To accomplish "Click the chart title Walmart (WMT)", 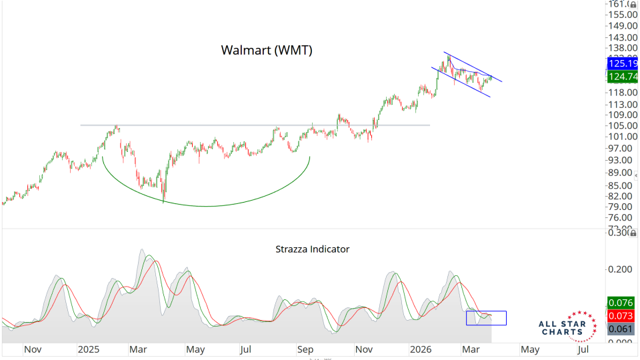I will coord(267,50).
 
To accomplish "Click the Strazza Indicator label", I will coord(312,249).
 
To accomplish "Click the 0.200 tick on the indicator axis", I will coord(619,269).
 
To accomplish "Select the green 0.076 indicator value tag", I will coord(619,303).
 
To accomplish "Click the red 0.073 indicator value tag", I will coord(619,315).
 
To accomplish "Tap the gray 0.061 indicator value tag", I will coord(619,329).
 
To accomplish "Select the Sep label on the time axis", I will coord(305,349).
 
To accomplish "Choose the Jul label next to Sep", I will coord(246,349).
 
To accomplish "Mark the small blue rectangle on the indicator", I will coord(486,318).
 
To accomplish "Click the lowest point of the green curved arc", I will coord(207,206).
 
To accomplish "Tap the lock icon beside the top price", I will coord(633,4).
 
